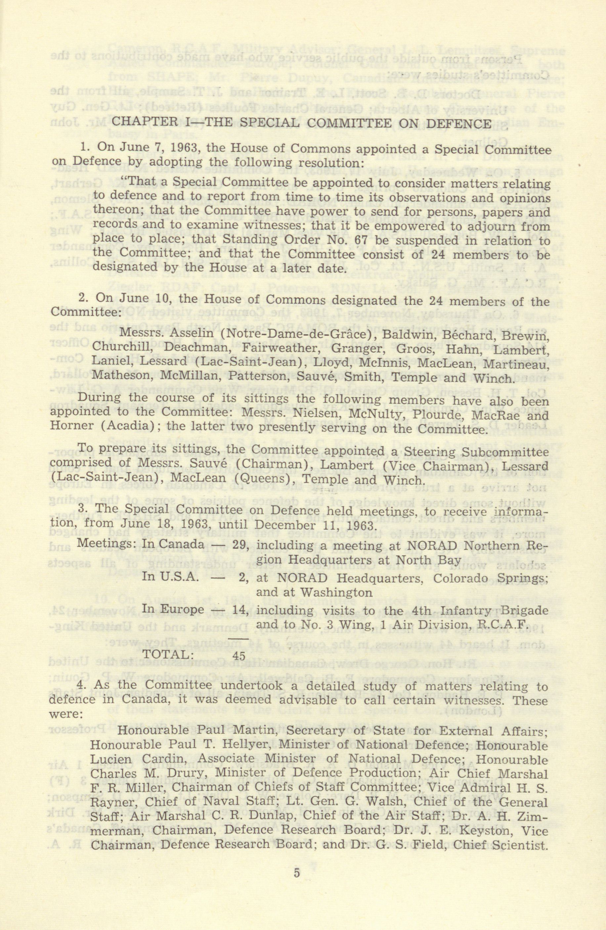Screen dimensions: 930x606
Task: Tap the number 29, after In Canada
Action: click(241, 545)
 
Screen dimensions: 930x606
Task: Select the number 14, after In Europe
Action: click(241, 610)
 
